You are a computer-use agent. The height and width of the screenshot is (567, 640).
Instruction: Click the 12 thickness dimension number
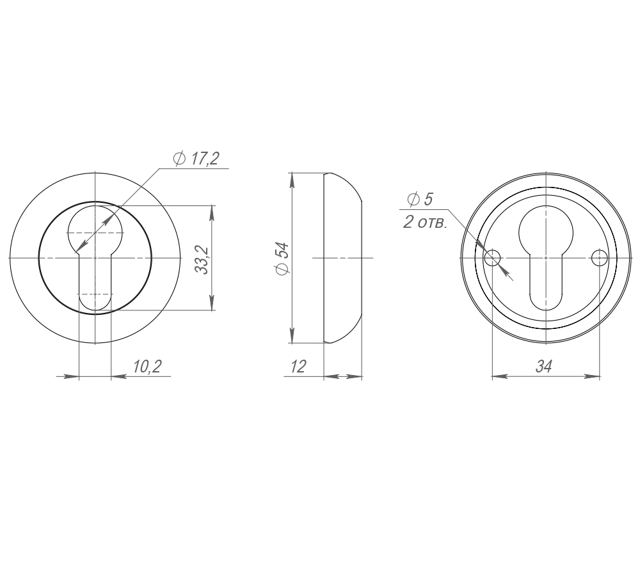point(298,366)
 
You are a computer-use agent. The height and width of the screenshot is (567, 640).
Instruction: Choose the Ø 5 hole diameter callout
point(420,200)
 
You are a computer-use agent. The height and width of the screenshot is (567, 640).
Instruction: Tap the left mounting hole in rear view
point(492,258)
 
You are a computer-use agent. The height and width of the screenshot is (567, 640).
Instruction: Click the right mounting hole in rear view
point(599,258)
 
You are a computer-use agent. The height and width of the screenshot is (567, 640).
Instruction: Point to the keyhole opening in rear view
point(545,256)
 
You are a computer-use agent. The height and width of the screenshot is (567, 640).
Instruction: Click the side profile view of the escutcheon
point(342,258)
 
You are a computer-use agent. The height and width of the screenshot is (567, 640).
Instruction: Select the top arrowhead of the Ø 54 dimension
point(292,179)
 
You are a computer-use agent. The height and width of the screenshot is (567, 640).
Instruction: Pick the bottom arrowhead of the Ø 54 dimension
point(292,337)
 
